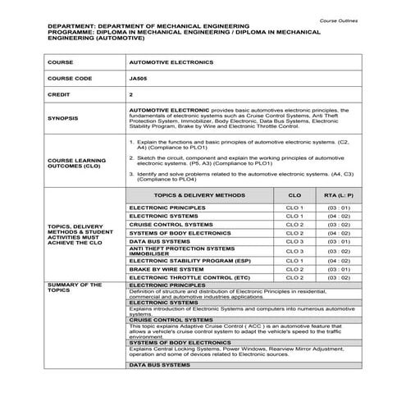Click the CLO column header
click(x=294, y=196)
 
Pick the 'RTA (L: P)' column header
click(x=339, y=196)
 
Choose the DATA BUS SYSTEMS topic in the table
click(x=159, y=241)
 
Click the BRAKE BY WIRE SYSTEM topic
click(x=167, y=269)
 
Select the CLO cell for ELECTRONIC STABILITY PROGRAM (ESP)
click(x=294, y=261)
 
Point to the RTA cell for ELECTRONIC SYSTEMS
click(x=339, y=216)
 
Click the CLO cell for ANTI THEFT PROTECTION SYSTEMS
click(x=294, y=251)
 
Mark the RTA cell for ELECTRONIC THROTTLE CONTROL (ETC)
click(x=339, y=278)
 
